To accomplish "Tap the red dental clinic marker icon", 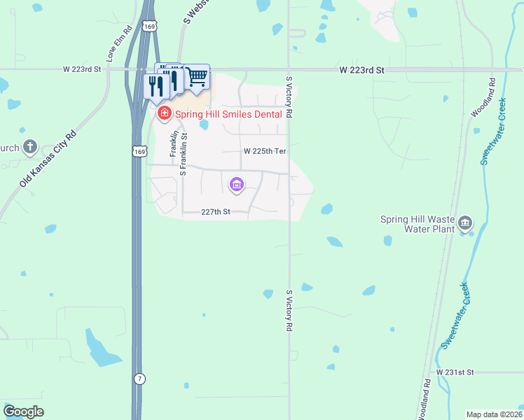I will (x=165, y=113).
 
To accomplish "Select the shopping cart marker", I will (x=198, y=76).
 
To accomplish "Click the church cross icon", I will (x=29, y=146).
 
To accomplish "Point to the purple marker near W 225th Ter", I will (x=236, y=185).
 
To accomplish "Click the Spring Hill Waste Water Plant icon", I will (x=465, y=224).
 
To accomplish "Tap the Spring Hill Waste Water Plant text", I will (x=418, y=224).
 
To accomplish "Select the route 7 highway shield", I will (x=140, y=379).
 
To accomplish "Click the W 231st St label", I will (x=455, y=372).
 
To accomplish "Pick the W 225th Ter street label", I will (x=266, y=151).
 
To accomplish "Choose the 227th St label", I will (x=216, y=211).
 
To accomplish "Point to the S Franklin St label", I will (x=183, y=153).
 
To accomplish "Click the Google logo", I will (x=23, y=412).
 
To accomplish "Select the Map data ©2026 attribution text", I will (x=494, y=414).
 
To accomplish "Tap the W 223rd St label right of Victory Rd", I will (x=362, y=71).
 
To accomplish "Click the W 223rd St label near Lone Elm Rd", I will (x=82, y=69).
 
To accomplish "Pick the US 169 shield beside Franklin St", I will (x=138, y=151).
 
